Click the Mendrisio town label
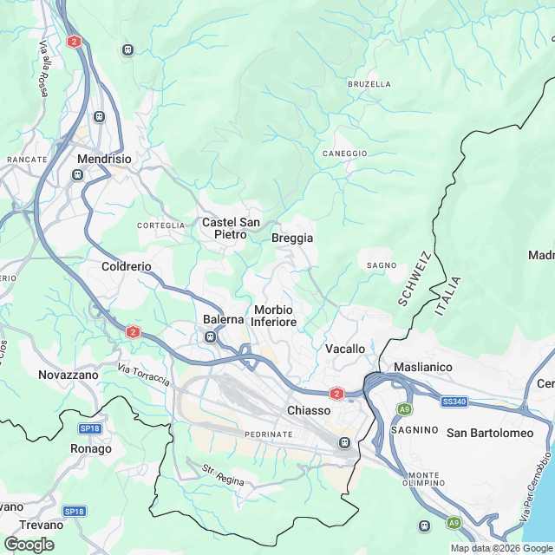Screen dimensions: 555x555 103,160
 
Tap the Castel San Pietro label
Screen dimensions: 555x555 231,228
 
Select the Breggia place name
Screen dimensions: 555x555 291,238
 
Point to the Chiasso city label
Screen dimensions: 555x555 309,410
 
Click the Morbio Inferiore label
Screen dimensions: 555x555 274,316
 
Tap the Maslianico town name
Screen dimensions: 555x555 423,367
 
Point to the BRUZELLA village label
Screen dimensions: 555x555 369,84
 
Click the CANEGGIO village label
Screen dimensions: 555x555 345,153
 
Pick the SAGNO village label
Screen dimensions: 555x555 382,265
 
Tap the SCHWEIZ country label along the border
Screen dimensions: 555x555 415,279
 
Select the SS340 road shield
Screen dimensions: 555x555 454,402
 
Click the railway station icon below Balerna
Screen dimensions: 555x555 211,336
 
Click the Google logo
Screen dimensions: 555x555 29,545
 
